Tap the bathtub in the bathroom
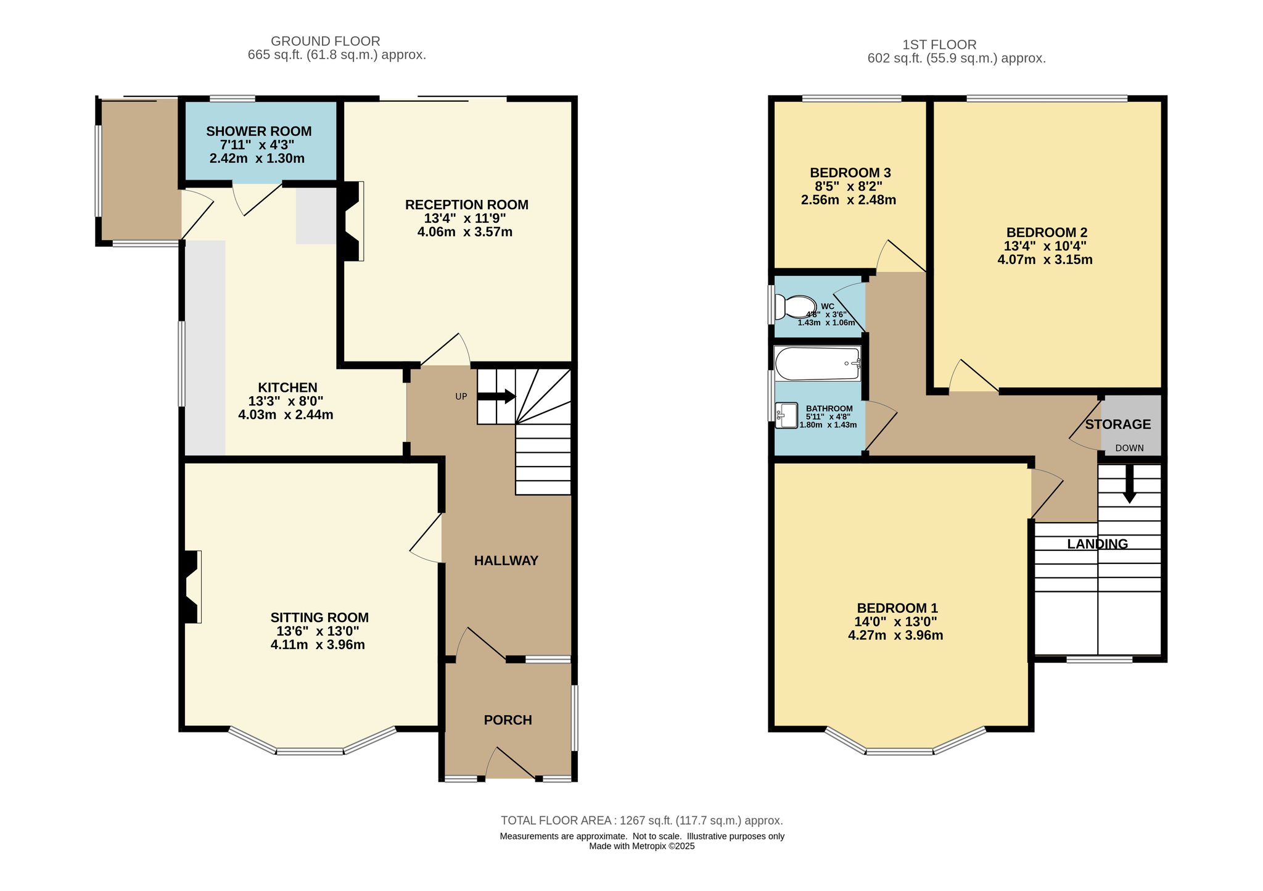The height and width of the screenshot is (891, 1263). (x=818, y=364)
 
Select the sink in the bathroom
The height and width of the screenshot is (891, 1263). (x=786, y=415)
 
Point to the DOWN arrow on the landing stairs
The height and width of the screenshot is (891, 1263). (x=1129, y=483)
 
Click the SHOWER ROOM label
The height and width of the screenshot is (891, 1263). (x=258, y=131)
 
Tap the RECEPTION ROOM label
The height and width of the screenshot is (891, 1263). (x=467, y=205)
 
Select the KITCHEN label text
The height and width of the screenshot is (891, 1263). (x=287, y=387)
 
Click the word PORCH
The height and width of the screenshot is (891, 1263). (x=508, y=720)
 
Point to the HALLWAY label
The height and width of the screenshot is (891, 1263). (x=506, y=560)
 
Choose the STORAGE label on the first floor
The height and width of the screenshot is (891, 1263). (x=1118, y=425)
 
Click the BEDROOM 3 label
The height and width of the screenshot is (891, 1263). (x=850, y=173)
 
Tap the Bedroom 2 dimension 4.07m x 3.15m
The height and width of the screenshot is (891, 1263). (x=1045, y=260)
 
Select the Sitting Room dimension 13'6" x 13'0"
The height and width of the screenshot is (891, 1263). (x=318, y=631)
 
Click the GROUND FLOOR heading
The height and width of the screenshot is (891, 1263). (x=326, y=41)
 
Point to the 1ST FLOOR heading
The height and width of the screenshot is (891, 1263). (x=939, y=45)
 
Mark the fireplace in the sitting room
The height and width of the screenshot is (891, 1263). (x=191, y=586)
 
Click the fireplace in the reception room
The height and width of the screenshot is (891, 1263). (x=351, y=221)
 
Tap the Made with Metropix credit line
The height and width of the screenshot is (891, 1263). (x=642, y=846)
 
